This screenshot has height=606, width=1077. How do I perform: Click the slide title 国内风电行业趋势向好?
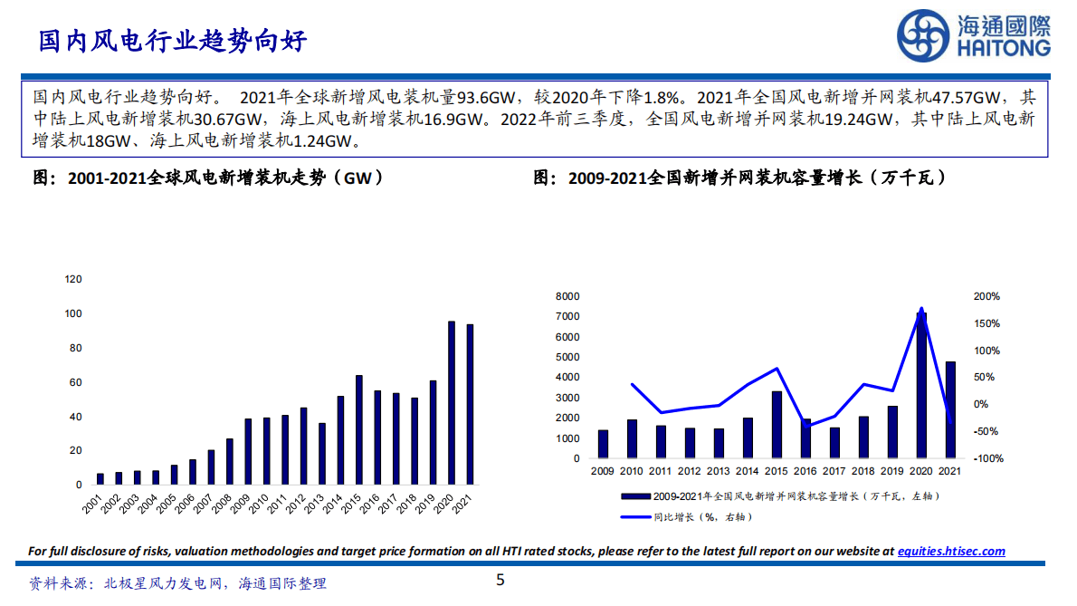(x=172, y=41)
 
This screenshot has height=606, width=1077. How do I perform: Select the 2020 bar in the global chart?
(x=452, y=403)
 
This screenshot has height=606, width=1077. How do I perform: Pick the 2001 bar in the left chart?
(x=100, y=478)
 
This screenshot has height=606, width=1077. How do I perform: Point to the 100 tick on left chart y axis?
(x=73, y=314)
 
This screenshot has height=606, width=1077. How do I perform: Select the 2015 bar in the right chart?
(x=777, y=425)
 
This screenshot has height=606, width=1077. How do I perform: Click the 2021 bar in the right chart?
(x=950, y=409)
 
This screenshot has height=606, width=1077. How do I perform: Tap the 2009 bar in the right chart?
(x=603, y=444)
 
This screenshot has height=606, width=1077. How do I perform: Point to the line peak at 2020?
(x=921, y=309)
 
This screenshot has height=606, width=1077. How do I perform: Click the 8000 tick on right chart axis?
(x=567, y=297)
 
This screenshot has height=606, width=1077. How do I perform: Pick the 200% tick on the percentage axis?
(x=986, y=297)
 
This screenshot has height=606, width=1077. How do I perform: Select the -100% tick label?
(x=986, y=459)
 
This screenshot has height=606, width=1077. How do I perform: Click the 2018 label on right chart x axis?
(x=863, y=471)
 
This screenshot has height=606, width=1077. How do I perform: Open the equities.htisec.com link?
(x=950, y=551)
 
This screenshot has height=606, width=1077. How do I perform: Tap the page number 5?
(x=500, y=581)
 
